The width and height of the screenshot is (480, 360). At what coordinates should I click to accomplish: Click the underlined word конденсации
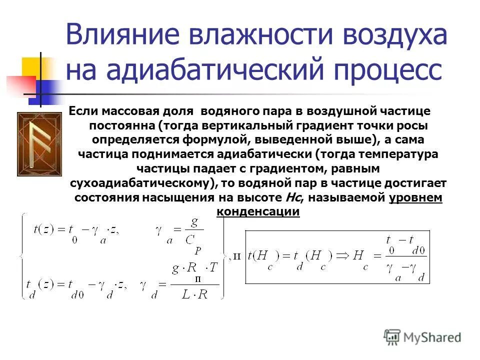pos(258,211)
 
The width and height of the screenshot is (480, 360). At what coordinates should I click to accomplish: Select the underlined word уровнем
pos(415,197)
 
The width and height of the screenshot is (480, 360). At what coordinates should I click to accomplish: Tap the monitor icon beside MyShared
pos(392,337)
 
